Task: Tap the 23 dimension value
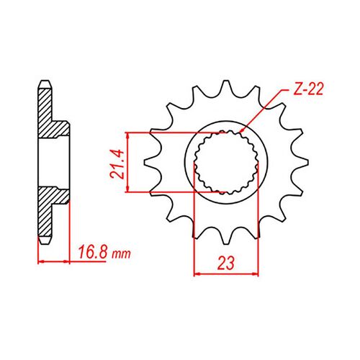[227, 264]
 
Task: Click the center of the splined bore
[227, 162]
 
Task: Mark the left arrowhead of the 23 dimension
[197, 274]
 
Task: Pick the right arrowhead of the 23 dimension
[258, 274]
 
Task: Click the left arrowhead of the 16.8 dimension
[38, 261]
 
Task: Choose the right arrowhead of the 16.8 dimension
[71, 261]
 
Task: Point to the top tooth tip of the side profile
[42, 81]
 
